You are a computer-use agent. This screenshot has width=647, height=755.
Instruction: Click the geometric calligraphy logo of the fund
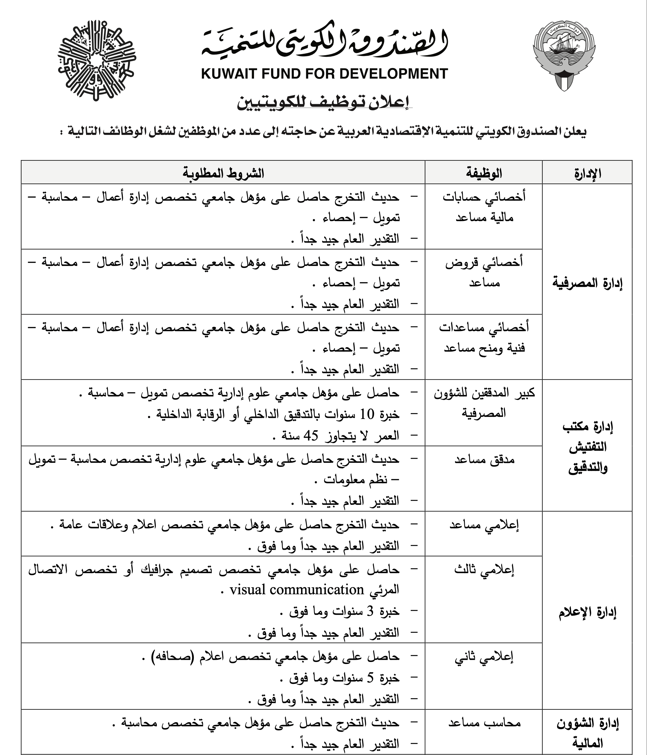point(97,60)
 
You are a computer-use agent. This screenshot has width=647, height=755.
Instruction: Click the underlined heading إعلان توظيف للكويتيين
point(324,103)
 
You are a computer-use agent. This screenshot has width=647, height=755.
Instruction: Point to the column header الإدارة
point(587,173)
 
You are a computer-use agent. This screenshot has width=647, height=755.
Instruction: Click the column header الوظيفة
point(484,173)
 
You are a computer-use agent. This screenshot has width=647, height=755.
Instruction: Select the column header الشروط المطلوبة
point(223,173)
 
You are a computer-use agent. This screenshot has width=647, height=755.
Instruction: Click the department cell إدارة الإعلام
point(587,612)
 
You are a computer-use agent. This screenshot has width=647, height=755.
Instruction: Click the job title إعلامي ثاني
point(484,657)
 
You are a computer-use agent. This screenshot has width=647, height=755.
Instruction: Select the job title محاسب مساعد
point(484,723)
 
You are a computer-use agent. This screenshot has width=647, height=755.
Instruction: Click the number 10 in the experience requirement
point(367,414)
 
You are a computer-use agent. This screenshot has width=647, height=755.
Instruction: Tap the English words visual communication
point(297,589)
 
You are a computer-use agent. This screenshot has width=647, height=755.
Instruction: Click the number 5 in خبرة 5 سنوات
point(370,678)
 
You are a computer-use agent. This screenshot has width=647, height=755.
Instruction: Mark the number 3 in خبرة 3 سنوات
point(370,611)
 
